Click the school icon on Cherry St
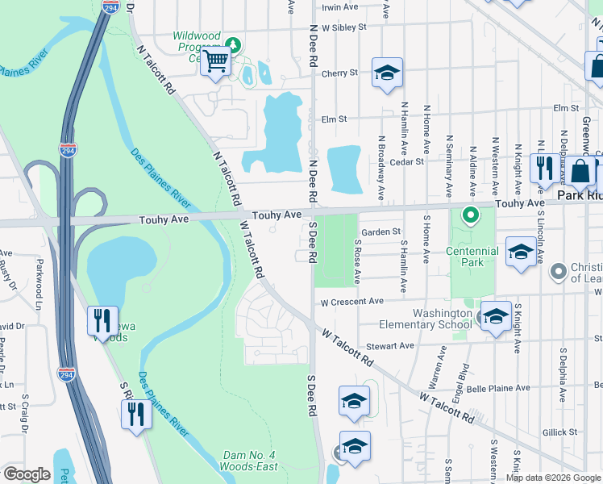click(x=387, y=73)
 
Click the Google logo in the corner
click(x=27, y=474)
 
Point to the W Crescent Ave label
click(x=351, y=302)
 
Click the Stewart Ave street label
click(x=394, y=345)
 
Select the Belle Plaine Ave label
click(x=500, y=388)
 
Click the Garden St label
click(x=381, y=232)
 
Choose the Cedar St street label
click(x=406, y=161)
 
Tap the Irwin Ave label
click(x=339, y=6)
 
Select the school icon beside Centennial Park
click(x=521, y=252)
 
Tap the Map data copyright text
click(x=552, y=478)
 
